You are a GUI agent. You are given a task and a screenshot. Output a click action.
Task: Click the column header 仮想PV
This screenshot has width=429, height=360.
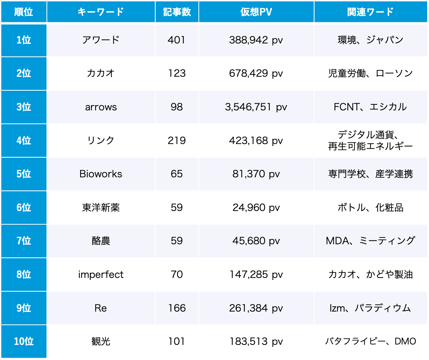[x=256, y=12]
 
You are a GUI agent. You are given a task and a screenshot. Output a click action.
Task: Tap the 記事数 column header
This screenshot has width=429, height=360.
[x=177, y=12]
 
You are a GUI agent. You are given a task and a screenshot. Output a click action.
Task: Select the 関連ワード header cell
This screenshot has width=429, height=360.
[x=370, y=12]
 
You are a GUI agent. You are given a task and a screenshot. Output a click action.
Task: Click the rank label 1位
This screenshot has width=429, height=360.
[x=24, y=40]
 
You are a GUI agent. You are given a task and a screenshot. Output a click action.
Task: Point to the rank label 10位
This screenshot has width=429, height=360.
[x=24, y=341]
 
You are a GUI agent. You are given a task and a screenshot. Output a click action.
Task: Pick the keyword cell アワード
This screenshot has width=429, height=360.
[x=101, y=40]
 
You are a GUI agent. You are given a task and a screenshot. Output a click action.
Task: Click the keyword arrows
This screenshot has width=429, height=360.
[x=101, y=107]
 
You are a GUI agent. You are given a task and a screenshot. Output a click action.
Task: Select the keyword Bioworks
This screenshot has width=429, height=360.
[x=101, y=174]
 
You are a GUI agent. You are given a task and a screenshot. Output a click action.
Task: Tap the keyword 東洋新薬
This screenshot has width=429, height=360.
[x=101, y=208]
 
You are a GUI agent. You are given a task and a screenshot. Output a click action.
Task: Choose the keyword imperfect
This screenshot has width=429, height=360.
[x=101, y=275]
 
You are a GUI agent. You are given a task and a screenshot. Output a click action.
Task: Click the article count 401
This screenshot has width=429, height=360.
[x=177, y=40]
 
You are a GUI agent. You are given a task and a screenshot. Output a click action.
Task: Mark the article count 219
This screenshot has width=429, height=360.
[x=177, y=141]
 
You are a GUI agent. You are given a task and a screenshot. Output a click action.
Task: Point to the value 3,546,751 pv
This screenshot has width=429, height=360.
[x=256, y=107]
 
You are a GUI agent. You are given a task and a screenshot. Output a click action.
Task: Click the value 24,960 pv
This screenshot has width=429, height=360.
[x=256, y=208]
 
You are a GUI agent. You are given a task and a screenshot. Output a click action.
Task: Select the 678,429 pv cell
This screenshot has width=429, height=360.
[x=256, y=73]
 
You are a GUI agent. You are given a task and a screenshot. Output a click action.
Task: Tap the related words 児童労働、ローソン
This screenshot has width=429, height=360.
[x=370, y=73]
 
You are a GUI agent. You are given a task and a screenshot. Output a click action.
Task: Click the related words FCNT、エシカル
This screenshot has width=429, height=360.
[x=370, y=107]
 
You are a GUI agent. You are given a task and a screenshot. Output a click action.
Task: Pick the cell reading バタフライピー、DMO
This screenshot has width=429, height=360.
[x=370, y=341]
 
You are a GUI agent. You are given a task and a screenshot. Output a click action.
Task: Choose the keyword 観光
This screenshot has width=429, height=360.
[x=101, y=341]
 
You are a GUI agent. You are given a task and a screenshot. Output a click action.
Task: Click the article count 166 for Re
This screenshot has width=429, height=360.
[x=177, y=308]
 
